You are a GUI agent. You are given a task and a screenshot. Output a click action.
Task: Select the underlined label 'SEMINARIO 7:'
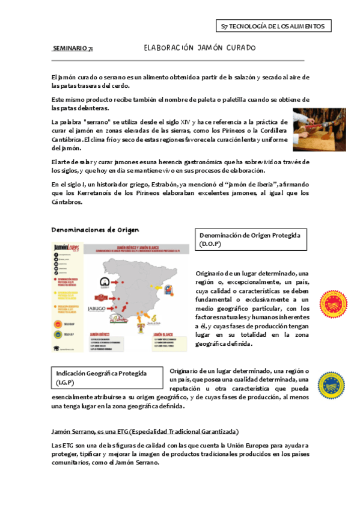73,48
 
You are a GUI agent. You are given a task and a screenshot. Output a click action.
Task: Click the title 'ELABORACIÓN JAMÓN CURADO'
200,48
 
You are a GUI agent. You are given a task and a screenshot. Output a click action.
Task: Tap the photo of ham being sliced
315,130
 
